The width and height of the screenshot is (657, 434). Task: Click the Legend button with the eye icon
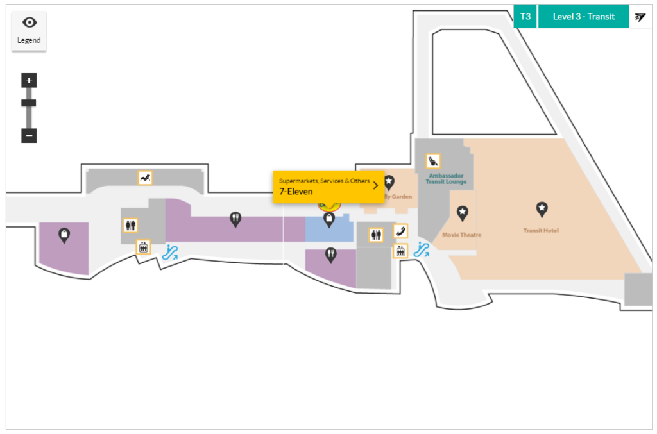tap(29, 30)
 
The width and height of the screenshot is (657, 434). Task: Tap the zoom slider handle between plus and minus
tap(29, 103)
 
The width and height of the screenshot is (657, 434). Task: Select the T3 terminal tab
tap(525, 17)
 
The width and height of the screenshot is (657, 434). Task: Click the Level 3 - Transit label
tap(583, 17)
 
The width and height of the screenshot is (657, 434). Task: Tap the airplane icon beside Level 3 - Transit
tap(640, 17)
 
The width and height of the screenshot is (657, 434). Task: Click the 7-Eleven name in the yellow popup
tap(296, 192)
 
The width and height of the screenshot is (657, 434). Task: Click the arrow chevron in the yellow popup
tap(375, 186)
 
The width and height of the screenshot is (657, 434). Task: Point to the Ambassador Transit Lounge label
tap(447, 179)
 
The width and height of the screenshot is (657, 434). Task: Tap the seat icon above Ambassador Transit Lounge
tap(433, 161)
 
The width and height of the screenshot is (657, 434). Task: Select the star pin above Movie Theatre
tap(462, 213)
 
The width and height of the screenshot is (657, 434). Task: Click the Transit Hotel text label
tap(541, 231)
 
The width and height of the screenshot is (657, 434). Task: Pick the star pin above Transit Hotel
tap(542, 208)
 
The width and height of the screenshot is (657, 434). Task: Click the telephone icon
tap(400, 231)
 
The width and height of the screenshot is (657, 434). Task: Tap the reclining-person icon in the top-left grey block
tap(146, 178)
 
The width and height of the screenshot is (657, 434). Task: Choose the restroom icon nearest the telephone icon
tap(376, 235)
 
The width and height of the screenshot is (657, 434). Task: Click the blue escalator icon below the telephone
tap(421, 249)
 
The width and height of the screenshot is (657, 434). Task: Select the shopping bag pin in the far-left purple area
tap(64, 235)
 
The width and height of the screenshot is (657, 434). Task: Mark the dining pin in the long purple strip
tap(235, 219)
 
